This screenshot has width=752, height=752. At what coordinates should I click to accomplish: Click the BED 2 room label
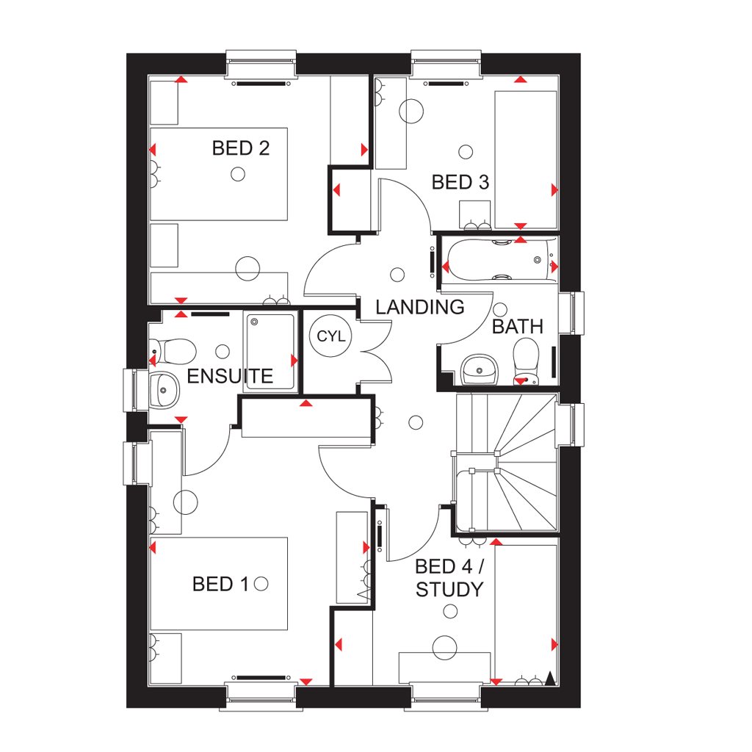pos(241,148)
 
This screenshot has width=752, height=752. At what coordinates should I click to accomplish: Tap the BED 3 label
pos(460,182)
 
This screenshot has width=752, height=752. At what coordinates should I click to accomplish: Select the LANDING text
pos(419,307)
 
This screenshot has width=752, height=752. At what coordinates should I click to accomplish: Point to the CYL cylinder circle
pos(331,336)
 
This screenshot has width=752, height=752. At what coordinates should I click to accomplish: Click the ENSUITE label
pos(230,376)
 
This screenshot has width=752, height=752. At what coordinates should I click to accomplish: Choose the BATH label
pos(518,327)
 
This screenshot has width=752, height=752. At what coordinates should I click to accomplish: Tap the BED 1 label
pos(220,584)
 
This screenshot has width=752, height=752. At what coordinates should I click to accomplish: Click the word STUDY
pos(449,590)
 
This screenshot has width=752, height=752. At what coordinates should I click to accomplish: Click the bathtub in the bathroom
pos(499,260)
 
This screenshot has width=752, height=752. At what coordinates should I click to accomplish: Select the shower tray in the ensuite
pos(270,352)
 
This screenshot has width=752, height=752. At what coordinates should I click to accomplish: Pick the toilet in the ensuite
pos(173,351)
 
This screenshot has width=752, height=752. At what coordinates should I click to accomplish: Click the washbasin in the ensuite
pos(164,391)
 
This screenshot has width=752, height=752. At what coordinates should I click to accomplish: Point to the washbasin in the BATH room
pos(479,370)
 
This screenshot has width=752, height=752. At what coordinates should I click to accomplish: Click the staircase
pos(506,463)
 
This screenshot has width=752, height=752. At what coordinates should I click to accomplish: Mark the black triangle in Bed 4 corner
pos(550,678)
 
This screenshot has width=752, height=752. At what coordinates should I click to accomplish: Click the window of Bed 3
pos(446,63)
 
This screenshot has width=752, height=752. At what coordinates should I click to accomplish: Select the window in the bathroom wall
pos(571,313)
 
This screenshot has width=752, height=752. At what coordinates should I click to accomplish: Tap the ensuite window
pos(136,390)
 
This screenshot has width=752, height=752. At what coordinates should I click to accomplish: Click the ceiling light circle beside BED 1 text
pos(261,584)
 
